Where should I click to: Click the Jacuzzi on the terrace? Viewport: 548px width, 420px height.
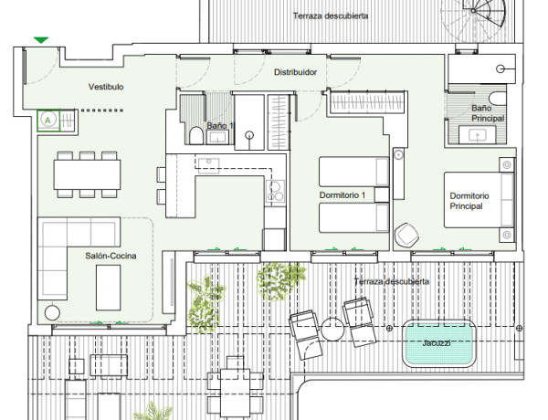point(439,343)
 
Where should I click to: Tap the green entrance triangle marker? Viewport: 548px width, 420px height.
point(41,40)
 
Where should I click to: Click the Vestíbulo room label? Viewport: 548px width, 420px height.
point(106,87)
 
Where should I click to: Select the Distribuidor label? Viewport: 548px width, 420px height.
point(295,72)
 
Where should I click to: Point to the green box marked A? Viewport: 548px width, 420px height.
point(48,121)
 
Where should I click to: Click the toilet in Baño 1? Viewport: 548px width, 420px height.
point(196,135)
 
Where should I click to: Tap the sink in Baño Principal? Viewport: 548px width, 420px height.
point(478,134)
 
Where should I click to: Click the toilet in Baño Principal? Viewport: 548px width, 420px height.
point(498,99)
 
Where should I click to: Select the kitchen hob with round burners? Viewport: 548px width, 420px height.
point(275,191)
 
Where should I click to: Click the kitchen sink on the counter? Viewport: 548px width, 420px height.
point(208,163)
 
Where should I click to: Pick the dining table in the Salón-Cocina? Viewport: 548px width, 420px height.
point(87,174)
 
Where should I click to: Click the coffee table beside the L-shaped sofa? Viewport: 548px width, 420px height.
point(109,288)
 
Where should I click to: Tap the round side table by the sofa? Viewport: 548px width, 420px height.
point(52,312)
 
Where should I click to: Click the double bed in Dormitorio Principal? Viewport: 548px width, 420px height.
point(479,200)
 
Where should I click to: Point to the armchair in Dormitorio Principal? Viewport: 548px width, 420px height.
point(406,234)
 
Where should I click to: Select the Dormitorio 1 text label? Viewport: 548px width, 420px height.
point(342,195)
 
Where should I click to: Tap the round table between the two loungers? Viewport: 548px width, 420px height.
point(332,329)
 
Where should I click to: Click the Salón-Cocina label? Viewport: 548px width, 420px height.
point(111,256)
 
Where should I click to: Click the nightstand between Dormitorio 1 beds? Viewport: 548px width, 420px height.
point(382,194)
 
